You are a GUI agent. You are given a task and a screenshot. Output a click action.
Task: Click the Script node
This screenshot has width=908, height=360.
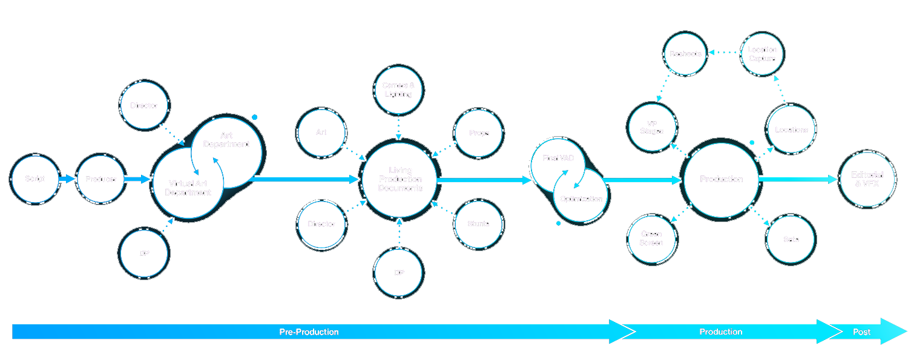point(35,179)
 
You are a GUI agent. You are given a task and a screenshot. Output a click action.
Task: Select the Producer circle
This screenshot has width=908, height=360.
point(100,179)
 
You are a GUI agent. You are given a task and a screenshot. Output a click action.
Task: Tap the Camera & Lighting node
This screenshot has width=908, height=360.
point(398,90)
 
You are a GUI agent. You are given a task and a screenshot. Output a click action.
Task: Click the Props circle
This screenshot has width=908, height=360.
point(479,133)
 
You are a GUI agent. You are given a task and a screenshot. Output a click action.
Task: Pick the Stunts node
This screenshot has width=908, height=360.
point(478,224)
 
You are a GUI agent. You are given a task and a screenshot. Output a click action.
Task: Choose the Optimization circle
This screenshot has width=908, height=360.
point(581,198)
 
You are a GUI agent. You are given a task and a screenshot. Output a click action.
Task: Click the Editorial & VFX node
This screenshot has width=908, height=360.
point(867,179)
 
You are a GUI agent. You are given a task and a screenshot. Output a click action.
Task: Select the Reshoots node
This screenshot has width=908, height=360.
point(685,54)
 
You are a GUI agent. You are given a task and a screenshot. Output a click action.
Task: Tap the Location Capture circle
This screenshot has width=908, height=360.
point(762,54)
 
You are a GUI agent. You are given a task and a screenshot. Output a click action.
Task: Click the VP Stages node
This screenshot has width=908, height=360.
point(651,127)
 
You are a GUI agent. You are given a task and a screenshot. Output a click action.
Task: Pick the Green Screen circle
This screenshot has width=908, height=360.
point(651,238)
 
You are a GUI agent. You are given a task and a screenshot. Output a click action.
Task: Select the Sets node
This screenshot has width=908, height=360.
point(791,240)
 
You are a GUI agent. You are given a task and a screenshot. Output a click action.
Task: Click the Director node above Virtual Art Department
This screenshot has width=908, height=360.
point(144,106)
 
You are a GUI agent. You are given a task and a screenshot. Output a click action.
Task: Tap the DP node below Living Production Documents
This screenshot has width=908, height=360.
point(399,273)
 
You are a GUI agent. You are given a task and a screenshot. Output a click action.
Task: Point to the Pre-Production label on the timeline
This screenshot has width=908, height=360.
point(309,332)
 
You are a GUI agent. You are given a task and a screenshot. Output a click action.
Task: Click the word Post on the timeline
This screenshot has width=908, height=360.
point(861,332)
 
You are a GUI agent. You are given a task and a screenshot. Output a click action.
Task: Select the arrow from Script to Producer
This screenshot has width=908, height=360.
point(67,179)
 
